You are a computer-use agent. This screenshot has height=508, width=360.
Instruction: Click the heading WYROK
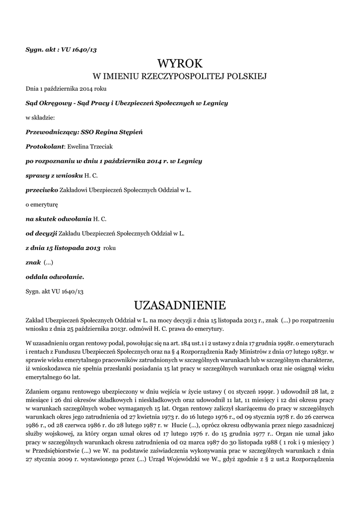click(180, 63)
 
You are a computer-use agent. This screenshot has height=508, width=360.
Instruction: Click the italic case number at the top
click(58, 49)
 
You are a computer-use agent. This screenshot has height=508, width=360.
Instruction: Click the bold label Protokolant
click(45, 146)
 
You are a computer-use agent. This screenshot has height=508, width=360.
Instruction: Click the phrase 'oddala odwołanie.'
click(55, 276)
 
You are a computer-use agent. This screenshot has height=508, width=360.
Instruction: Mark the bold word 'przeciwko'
click(42, 190)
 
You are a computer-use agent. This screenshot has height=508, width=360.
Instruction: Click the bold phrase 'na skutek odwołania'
click(58, 218)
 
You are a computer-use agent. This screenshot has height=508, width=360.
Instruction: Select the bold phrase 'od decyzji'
click(41, 233)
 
